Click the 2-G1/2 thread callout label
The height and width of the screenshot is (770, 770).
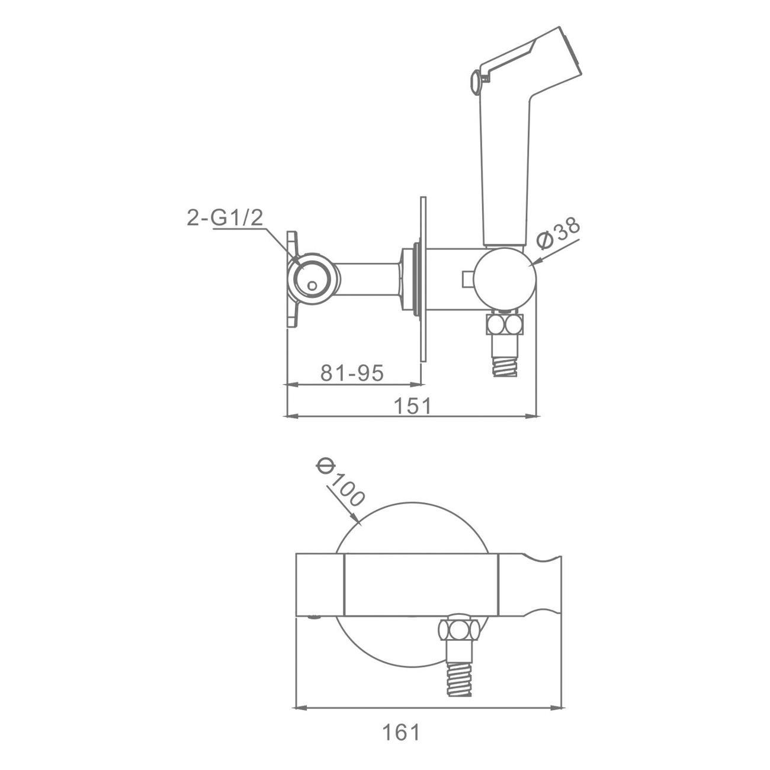coord(224,217)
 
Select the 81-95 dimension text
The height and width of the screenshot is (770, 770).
coord(352,373)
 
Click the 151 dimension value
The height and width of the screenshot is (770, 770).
coord(413,406)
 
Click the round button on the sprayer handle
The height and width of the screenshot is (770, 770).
coord(476,82)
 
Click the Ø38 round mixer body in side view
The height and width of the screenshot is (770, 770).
coord(505,279)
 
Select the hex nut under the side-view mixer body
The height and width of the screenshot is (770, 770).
coord(505,325)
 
